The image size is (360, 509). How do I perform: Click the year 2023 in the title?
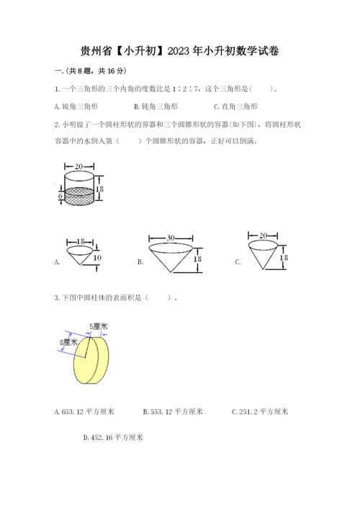[179, 51]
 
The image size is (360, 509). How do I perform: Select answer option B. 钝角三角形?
[156, 107]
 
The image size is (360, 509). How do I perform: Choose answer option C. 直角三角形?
[235, 107]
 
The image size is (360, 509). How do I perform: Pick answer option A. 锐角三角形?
[76, 107]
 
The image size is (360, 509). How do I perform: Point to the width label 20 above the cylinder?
[79, 166]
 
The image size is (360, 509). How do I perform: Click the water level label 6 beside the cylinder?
[60, 196]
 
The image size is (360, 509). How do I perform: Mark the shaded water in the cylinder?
[79, 196]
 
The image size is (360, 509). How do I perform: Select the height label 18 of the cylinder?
[99, 189]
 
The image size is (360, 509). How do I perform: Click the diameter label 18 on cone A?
[81, 241]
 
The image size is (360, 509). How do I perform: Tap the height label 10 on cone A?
[97, 258]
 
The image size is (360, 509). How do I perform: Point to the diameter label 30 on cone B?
[171, 238]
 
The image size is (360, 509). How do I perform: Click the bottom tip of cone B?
[171, 272]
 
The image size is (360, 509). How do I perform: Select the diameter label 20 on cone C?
[263, 235]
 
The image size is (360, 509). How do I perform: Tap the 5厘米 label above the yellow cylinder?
[99, 326]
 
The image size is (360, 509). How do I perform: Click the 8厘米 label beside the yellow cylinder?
[69, 342]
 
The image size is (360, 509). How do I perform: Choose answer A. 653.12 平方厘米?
[84, 412]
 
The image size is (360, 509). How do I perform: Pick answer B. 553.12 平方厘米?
[173, 412]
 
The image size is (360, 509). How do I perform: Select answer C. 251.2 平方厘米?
[260, 412]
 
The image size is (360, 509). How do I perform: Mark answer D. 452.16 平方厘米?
[113, 438]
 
